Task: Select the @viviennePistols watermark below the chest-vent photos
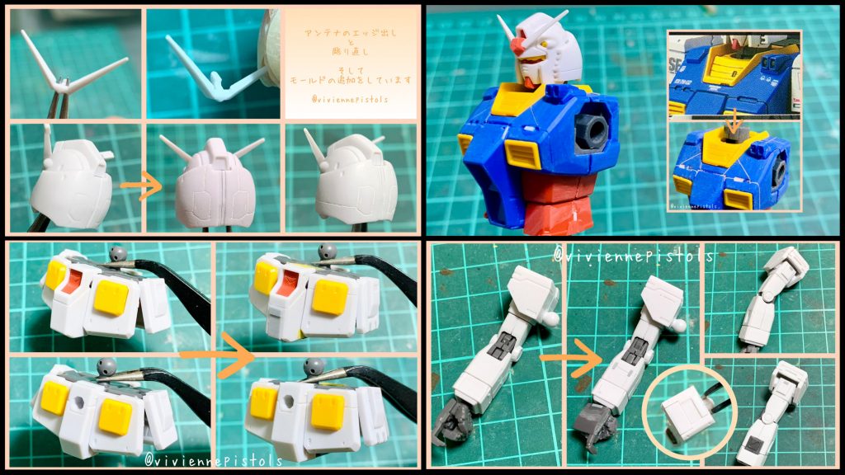(214, 459)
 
